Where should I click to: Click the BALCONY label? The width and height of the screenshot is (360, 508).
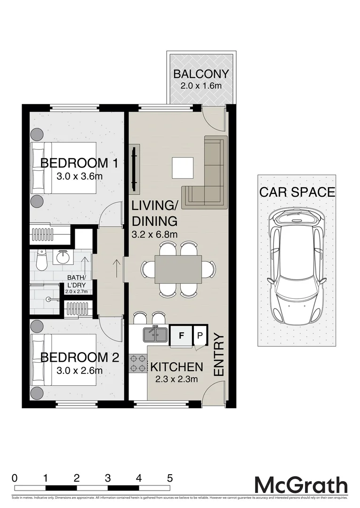(201, 74)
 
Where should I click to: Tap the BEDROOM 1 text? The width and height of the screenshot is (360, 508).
(79, 163)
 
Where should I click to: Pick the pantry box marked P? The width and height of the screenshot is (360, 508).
(200, 336)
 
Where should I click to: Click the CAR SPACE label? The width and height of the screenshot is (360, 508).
(297, 192)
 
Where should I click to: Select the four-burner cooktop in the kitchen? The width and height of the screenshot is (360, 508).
(138, 363)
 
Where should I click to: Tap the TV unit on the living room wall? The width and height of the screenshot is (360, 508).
(135, 168)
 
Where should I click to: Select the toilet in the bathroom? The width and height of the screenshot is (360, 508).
(40, 261)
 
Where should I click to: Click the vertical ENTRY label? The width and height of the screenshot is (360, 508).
(218, 354)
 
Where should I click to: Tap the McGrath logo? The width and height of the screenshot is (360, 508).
(301, 485)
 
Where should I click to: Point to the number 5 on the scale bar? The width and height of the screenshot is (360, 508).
(169, 478)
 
